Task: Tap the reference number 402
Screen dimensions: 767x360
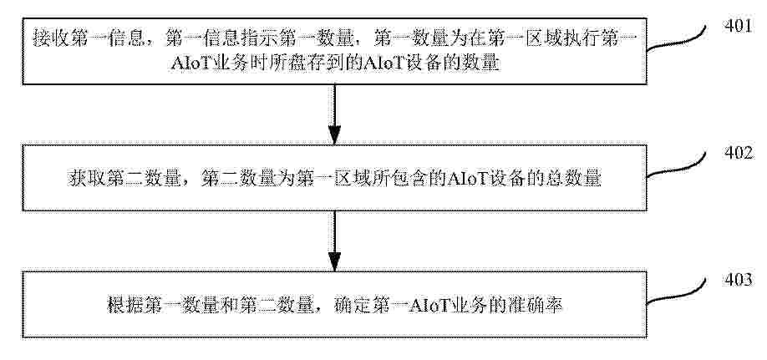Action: (738, 153)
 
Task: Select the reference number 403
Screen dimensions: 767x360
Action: (738, 281)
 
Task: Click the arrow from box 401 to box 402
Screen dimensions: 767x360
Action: (334, 114)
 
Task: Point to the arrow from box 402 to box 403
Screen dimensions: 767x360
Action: (334, 241)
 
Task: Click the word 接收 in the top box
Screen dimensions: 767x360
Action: (49, 38)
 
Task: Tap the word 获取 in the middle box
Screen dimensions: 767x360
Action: (84, 179)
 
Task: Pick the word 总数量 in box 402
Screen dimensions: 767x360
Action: (575, 179)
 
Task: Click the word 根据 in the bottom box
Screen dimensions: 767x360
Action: (124, 306)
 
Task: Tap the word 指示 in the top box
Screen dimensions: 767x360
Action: (253, 38)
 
